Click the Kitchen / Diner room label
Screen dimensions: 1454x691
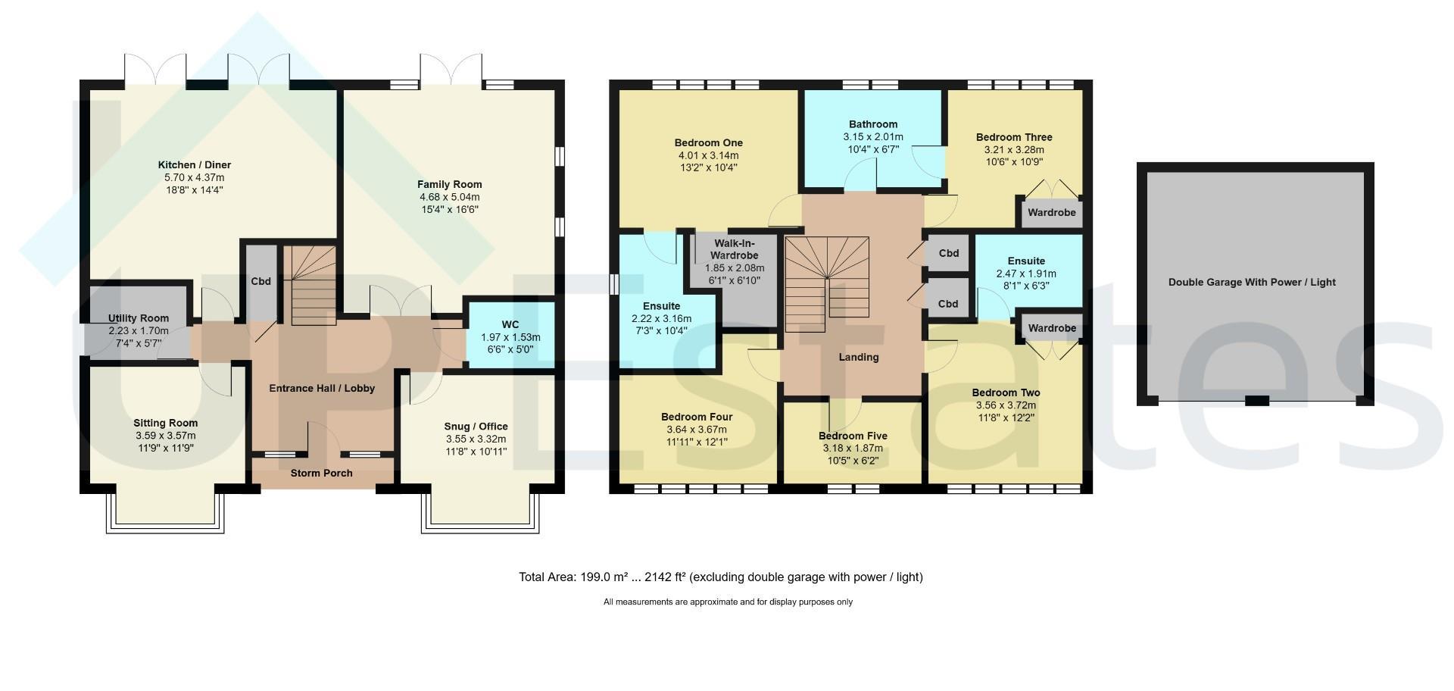coord(195,165)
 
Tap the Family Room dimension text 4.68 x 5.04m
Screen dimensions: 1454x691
coord(450,197)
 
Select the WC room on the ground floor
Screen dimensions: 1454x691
coord(511,335)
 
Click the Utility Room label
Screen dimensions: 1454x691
coord(139,318)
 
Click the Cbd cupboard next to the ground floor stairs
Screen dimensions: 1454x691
coord(261,282)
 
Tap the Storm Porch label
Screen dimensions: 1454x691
coord(322,474)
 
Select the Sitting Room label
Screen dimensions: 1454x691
coord(166,424)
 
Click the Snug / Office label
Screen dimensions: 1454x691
coord(476,427)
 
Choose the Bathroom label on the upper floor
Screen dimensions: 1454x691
coord(873,124)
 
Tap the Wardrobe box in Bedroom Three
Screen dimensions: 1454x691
coord(1052,212)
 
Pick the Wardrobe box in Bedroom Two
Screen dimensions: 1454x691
coord(1052,328)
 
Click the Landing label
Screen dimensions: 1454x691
coord(859,357)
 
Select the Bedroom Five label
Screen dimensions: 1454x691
coord(853,436)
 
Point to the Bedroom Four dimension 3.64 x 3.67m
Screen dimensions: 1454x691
coord(697,430)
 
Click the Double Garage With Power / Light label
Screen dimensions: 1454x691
coord(1252,283)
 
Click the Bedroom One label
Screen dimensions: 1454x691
coord(709,143)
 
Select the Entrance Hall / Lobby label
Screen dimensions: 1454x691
coord(322,389)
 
